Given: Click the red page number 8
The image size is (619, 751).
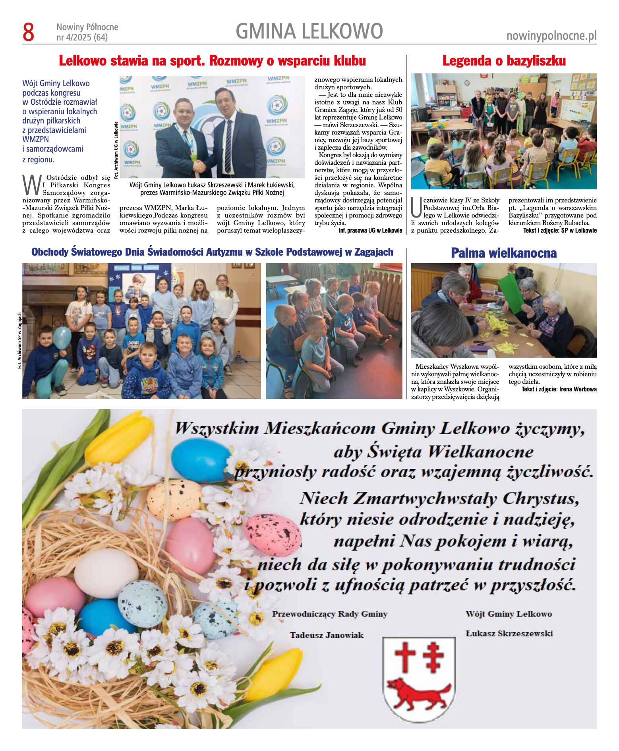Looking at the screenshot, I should [x=29, y=32].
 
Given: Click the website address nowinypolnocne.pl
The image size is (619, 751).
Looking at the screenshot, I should [x=551, y=36].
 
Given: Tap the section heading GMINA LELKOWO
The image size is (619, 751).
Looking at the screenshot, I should [x=309, y=31].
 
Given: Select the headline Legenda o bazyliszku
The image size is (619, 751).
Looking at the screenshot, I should [x=504, y=61].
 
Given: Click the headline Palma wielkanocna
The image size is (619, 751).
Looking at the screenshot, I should [x=503, y=253].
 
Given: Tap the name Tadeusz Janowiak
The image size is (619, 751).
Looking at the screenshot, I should [x=327, y=635].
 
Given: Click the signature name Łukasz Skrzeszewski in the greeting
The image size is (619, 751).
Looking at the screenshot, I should [x=509, y=634].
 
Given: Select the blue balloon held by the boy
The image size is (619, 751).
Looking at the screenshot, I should [x=62, y=337].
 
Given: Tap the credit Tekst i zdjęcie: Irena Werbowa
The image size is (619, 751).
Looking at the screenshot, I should [x=559, y=389].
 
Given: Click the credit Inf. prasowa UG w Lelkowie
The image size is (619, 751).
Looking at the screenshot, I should [x=370, y=231].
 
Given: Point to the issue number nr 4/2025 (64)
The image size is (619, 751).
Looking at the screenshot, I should [x=82, y=38].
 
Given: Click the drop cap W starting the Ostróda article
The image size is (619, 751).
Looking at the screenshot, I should [x=31, y=185].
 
